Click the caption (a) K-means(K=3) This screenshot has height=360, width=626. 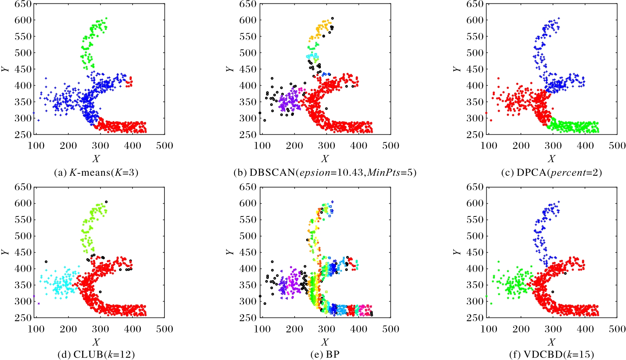[96, 173]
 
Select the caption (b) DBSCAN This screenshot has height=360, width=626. [325, 173]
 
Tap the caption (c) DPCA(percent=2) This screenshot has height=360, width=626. [551, 173]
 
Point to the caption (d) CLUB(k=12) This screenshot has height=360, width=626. [96, 355]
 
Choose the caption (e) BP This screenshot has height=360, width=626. [325, 355]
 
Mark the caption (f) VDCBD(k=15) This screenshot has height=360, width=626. [551, 355]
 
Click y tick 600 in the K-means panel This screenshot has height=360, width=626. [23, 20]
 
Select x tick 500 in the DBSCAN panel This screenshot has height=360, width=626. [390, 146]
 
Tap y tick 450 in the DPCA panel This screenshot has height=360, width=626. [475, 69]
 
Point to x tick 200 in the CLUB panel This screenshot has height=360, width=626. [68, 329]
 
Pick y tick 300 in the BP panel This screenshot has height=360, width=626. [248, 301]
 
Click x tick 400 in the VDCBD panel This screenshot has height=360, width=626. [585, 329]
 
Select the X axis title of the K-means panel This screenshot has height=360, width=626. [96, 159]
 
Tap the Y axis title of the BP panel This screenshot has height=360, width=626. [230, 252]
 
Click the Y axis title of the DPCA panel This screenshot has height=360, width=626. [457, 69]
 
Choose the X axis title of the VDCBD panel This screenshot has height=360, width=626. [551, 342]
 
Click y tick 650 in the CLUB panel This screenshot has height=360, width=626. [23, 187]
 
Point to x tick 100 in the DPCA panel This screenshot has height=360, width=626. [488, 146]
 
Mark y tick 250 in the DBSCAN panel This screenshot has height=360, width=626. [248, 135]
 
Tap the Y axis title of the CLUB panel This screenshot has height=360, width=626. [5, 252]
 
